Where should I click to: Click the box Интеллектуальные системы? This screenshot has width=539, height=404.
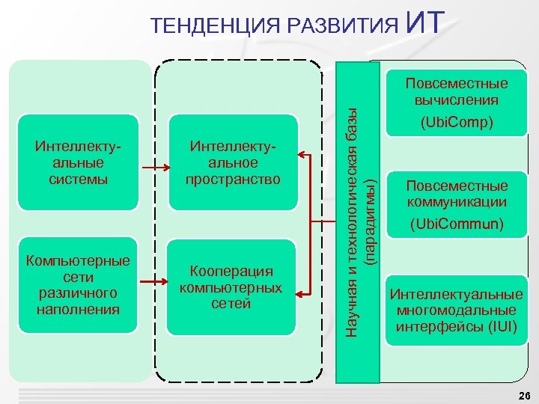click(79, 161)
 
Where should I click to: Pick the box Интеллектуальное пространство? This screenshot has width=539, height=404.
click(235, 161)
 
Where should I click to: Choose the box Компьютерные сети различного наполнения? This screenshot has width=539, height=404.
click(79, 285)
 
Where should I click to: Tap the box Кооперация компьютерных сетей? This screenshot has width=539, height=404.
click(231, 287)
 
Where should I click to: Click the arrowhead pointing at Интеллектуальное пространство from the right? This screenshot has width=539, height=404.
click(302, 155)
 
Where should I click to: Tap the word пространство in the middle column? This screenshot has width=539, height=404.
click(235, 180)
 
